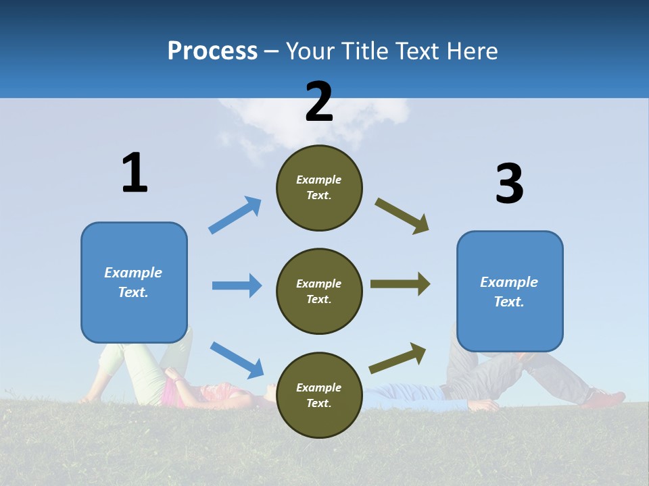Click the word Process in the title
pyautogui.click(x=212, y=51)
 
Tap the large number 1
pyautogui.click(x=135, y=173)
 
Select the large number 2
pyautogui.click(x=319, y=102)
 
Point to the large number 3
pyautogui.click(x=509, y=184)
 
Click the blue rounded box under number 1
pyautogui.click(x=134, y=282)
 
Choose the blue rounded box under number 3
pyautogui.click(x=510, y=291)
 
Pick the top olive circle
pyautogui.click(x=319, y=188)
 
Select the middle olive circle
pyautogui.click(x=319, y=291)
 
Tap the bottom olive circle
pyautogui.click(x=319, y=395)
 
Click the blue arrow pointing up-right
pyautogui.click(x=235, y=215)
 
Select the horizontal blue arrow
pyautogui.click(x=237, y=286)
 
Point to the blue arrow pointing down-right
pyautogui.click(x=237, y=360)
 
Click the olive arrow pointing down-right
pyautogui.click(x=402, y=216)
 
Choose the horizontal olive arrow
pyautogui.click(x=400, y=284)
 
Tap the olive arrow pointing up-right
pyautogui.click(x=398, y=358)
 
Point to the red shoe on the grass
pyautogui.click(x=606, y=399)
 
